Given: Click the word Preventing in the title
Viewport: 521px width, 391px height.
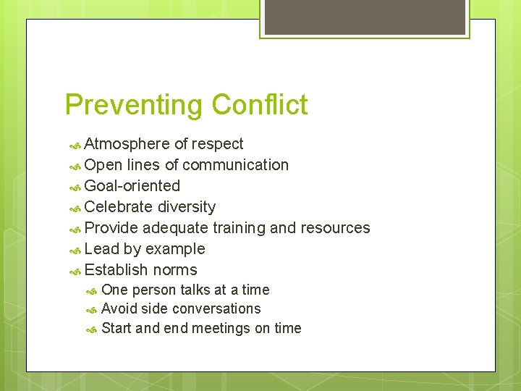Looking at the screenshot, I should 134,105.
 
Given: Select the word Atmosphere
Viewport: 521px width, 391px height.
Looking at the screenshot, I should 127,144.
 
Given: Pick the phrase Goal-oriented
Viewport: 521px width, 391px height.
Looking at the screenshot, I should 132,186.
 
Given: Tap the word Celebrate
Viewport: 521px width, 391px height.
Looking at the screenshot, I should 118,207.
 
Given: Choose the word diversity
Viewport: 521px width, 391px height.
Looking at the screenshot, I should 187,207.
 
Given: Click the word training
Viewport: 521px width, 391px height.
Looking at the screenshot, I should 239,228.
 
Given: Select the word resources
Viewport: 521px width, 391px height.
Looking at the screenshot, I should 330,228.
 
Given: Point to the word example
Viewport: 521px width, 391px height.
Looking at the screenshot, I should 175,249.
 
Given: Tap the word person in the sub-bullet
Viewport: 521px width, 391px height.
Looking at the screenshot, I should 153,290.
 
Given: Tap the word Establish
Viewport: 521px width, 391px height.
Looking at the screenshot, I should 117,270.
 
